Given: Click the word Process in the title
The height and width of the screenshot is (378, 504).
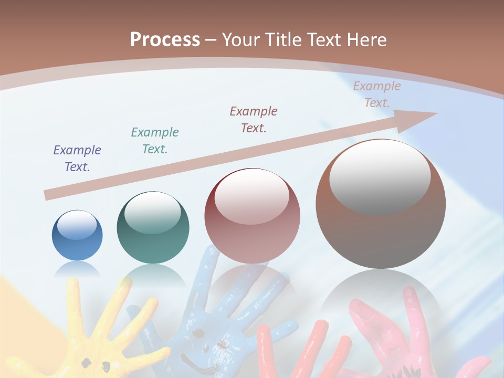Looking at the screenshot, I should (x=165, y=40).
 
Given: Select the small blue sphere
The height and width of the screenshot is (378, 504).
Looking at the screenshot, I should (x=77, y=235).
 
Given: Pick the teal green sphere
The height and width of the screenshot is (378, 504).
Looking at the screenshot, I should (x=153, y=227).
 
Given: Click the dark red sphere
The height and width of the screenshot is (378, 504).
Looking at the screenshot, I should (x=252, y=216).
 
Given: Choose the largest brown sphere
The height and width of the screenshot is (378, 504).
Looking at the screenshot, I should (x=381, y=204).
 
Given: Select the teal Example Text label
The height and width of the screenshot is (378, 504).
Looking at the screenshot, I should (x=155, y=141).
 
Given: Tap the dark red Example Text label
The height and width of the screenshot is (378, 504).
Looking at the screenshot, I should (x=254, y=119).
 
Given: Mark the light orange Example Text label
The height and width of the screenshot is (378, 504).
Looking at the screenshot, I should (x=377, y=94).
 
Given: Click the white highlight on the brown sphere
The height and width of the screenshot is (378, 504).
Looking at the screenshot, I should (x=380, y=176).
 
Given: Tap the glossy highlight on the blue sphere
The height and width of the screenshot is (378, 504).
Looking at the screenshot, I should (x=77, y=225).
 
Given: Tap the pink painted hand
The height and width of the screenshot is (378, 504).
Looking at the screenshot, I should (x=399, y=336).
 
